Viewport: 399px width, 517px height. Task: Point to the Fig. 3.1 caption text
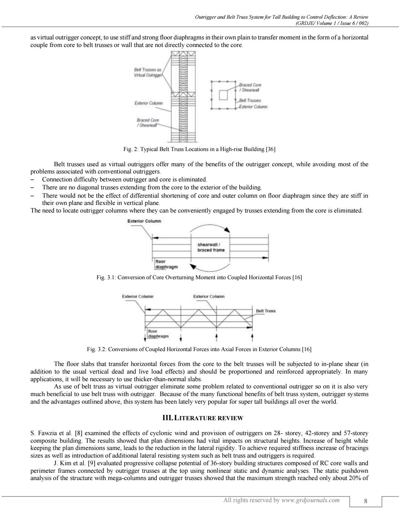point(199,278)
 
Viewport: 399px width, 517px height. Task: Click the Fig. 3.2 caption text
point(199,349)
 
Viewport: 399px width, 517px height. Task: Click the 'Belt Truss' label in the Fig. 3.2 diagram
point(265,311)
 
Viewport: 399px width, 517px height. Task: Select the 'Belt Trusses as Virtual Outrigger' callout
point(148,72)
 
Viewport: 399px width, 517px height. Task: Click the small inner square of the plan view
point(224,95)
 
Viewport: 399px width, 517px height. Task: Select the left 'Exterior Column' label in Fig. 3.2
point(138,296)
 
